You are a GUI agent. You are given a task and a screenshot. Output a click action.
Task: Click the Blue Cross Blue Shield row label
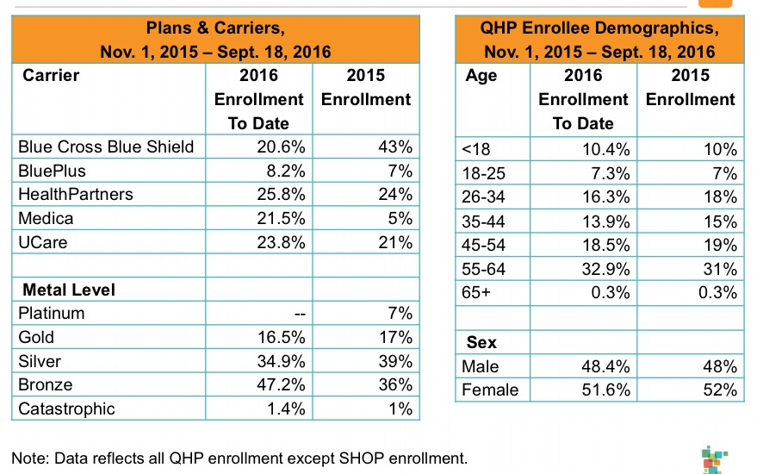(x=106, y=147)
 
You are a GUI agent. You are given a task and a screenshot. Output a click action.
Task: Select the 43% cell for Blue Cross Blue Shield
(x=398, y=147)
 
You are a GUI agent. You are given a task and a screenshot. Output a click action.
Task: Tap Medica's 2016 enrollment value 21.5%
(x=281, y=219)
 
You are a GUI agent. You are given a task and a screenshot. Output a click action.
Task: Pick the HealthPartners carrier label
(x=76, y=195)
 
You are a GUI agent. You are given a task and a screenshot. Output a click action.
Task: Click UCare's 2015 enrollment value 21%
(x=398, y=243)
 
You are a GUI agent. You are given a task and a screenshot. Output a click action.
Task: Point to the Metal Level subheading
(x=69, y=290)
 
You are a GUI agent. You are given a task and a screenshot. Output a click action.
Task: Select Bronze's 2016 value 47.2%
(x=281, y=384)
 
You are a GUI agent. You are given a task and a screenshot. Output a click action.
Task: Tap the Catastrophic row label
(x=66, y=409)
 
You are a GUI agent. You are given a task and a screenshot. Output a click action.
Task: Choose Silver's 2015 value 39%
(x=398, y=361)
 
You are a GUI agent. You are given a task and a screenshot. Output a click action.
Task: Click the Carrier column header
(x=51, y=75)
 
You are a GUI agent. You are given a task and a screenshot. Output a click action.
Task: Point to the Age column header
(x=481, y=75)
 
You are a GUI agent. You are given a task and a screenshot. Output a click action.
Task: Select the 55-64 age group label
(x=484, y=270)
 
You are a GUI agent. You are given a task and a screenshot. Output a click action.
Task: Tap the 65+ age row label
(x=476, y=293)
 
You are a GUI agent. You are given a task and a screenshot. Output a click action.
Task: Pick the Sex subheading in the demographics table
(x=481, y=342)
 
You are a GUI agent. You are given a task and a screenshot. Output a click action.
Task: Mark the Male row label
(x=481, y=366)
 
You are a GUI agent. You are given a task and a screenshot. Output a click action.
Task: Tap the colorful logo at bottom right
(x=711, y=458)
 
